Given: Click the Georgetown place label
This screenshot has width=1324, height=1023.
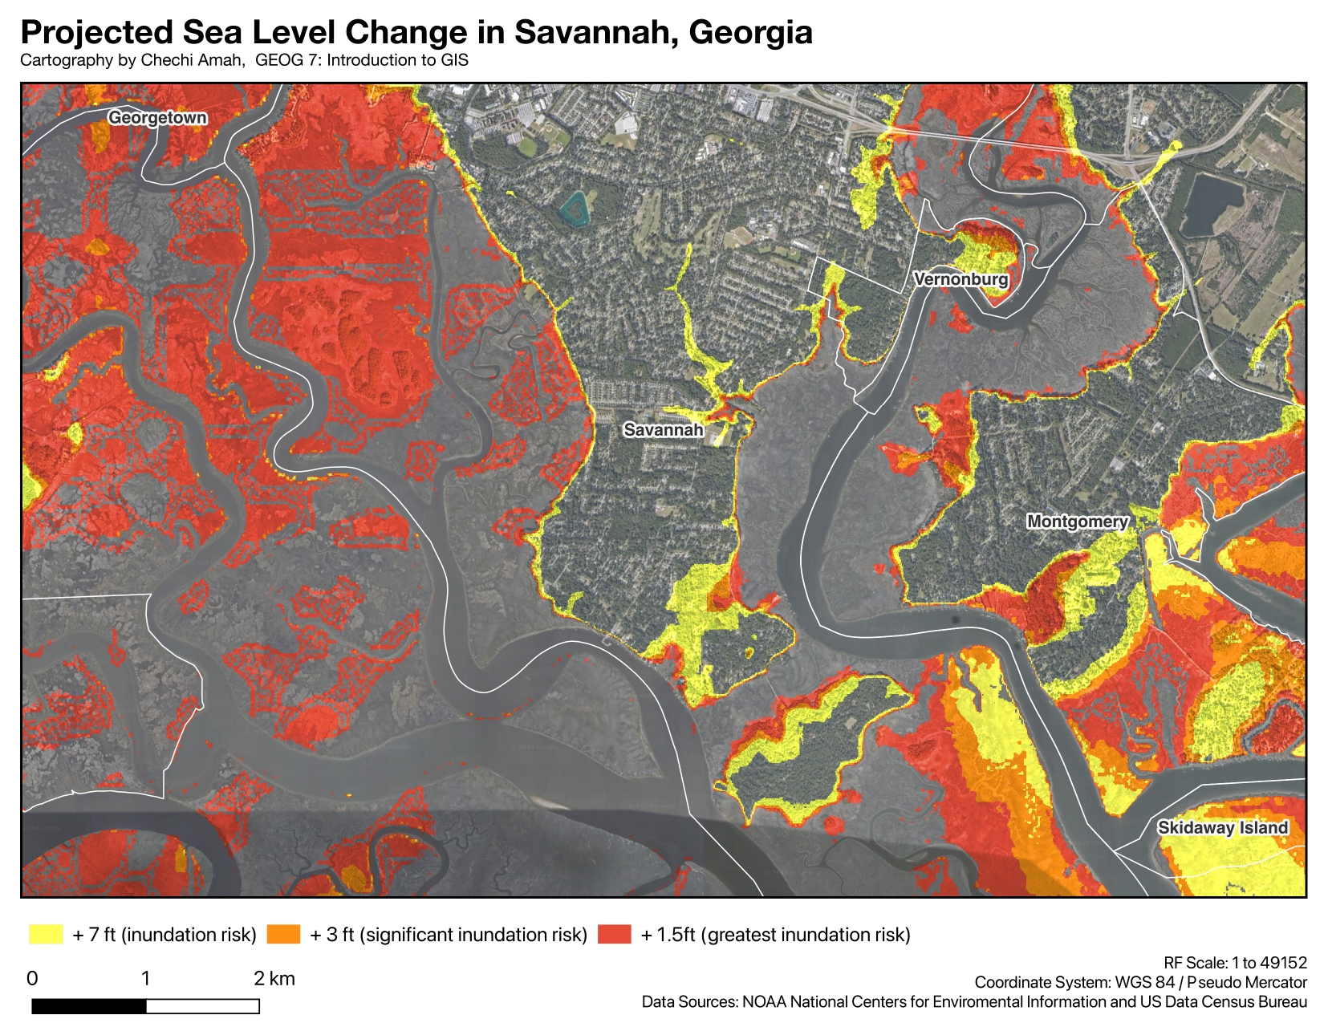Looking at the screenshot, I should pyautogui.click(x=157, y=118).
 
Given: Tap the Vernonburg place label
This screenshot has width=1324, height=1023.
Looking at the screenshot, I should pyautogui.click(x=961, y=280).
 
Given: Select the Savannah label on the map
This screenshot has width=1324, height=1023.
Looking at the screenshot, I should pyautogui.click(x=664, y=430).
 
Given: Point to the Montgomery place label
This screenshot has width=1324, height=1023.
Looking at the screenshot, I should pyautogui.click(x=1078, y=522).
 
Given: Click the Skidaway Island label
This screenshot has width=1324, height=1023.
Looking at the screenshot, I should pyautogui.click(x=1222, y=828).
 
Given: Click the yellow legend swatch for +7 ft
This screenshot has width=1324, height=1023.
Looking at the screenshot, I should pyautogui.click(x=46, y=934).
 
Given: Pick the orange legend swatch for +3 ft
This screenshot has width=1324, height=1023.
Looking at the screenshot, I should pyautogui.click(x=283, y=934).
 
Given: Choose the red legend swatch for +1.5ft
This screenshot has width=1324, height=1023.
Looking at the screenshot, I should pyautogui.click(x=615, y=934).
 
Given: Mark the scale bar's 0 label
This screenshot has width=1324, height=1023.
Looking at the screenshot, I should pyautogui.click(x=32, y=978).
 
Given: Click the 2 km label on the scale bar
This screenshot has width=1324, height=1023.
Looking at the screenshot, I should pyautogui.click(x=274, y=978).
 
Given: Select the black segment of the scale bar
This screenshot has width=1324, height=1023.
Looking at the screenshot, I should pyautogui.click(x=89, y=1006).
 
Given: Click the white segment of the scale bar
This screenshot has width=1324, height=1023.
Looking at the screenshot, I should pyautogui.click(x=203, y=1006).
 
